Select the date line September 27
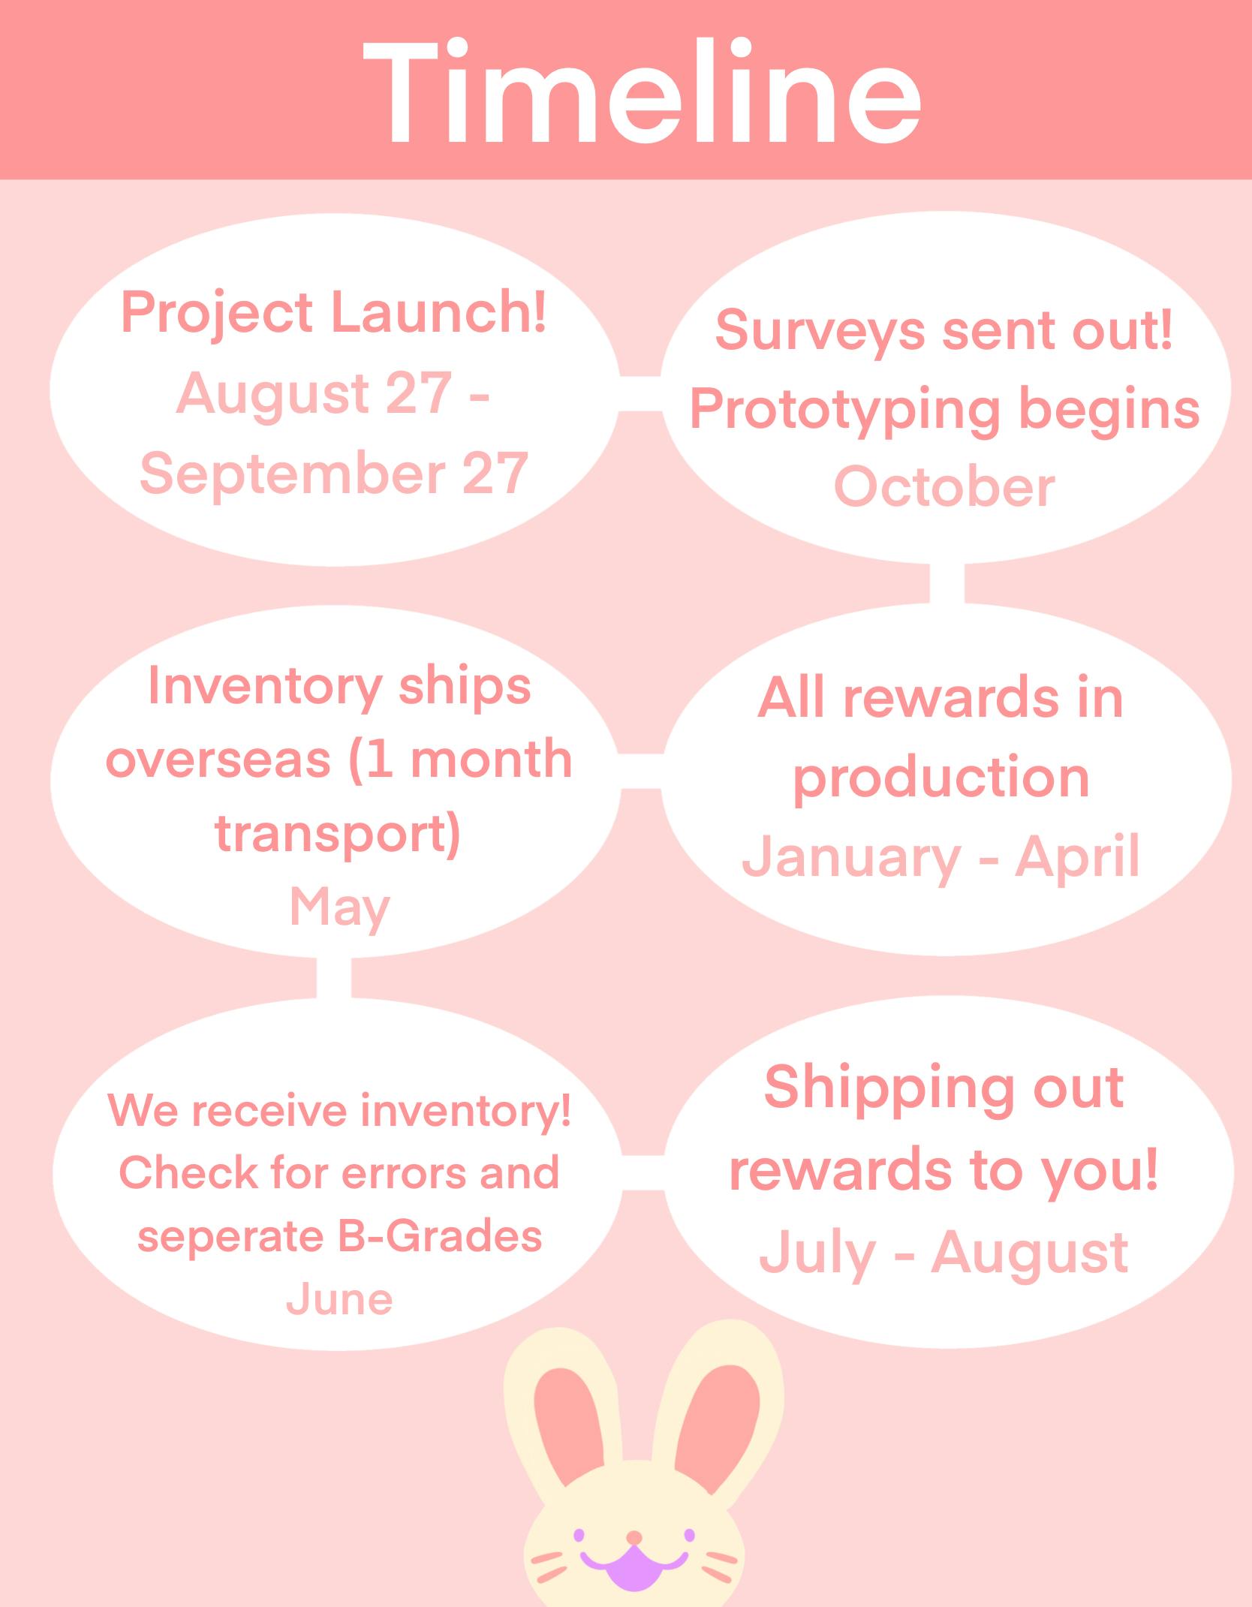(334, 474)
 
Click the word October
(944, 487)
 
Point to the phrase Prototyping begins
(944, 411)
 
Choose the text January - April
(941, 856)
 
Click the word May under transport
(339, 909)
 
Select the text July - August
(944, 1253)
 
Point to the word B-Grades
(440, 1235)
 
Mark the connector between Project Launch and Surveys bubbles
(640, 393)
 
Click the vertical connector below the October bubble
(947, 583)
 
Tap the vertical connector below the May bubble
(334, 977)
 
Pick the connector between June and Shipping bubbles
(643, 1172)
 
